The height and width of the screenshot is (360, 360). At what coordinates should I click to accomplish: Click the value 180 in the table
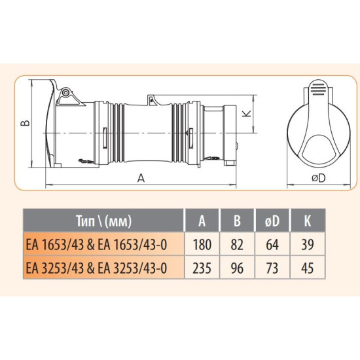[202, 245]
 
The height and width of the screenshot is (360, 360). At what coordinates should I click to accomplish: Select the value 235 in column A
[202, 268]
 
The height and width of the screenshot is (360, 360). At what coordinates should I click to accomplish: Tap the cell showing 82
[237, 245]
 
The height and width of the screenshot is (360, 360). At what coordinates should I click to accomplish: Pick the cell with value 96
[237, 268]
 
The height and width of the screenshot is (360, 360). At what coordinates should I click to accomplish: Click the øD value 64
[272, 245]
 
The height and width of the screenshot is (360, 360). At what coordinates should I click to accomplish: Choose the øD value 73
[272, 268]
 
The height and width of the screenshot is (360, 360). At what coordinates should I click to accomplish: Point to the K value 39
[308, 245]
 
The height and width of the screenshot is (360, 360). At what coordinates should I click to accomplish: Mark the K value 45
[308, 268]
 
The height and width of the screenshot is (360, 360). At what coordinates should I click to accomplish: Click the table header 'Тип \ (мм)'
[104, 221]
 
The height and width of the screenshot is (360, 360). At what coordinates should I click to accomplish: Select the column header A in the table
[202, 221]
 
